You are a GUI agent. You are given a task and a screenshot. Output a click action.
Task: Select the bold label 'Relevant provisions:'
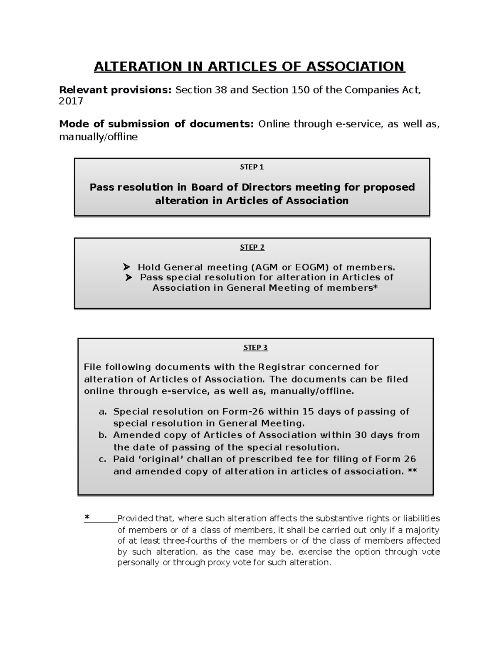click(115, 90)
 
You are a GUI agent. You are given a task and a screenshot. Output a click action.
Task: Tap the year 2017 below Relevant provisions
click(71, 101)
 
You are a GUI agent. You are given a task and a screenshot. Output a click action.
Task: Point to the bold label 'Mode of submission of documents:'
click(156, 124)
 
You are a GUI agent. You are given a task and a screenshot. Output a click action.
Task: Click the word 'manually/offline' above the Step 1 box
click(98, 137)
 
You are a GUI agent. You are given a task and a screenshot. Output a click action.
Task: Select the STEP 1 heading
click(252, 167)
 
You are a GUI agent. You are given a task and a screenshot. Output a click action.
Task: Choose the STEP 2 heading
click(252, 248)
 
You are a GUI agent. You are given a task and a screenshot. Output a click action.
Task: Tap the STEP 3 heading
click(255, 348)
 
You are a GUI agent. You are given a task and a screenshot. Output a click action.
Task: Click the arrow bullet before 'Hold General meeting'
click(127, 267)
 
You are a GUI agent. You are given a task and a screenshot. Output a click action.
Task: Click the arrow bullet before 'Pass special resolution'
click(129, 277)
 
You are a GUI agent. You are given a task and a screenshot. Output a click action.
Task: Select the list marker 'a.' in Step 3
click(103, 412)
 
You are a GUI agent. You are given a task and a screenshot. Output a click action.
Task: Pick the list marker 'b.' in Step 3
click(103, 435)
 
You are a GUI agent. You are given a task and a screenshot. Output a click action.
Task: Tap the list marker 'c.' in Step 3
click(103, 459)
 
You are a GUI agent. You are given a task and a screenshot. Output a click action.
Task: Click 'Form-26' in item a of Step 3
click(243, 412)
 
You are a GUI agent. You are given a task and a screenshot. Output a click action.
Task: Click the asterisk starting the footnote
click(87, 517)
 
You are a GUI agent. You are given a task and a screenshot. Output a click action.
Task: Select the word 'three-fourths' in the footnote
click(187, 541)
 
